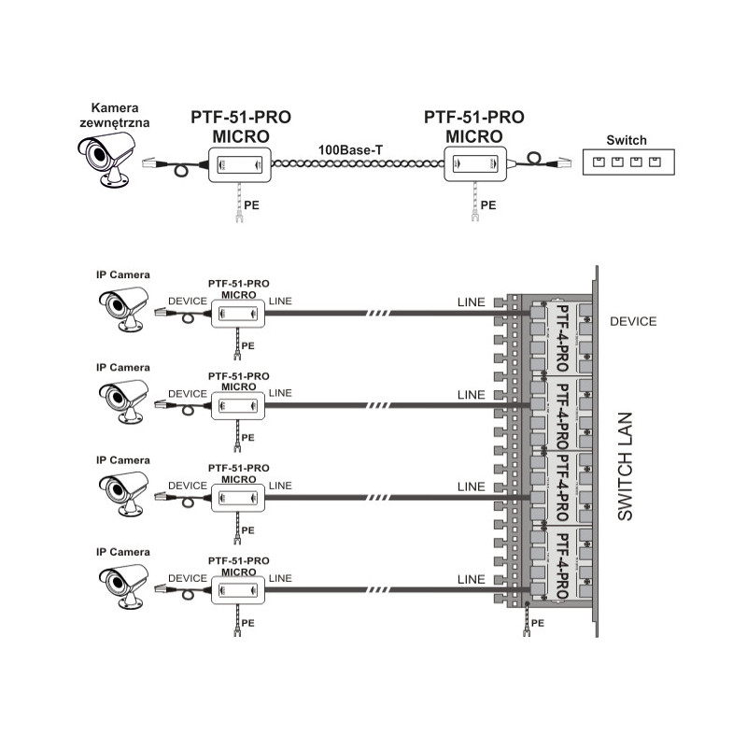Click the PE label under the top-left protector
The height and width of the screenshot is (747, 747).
(252, 203)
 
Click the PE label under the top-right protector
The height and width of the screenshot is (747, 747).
(488, 203)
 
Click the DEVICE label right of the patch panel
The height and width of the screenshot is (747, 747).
(633, 321)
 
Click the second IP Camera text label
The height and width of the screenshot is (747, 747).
(122, 367)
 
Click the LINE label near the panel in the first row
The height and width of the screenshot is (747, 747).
(472, 303)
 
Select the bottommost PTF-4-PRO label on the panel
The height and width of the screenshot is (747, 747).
(562, 564)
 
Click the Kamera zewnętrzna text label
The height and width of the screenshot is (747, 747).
(114, 114)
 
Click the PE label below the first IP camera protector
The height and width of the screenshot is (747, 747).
(247, 345)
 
